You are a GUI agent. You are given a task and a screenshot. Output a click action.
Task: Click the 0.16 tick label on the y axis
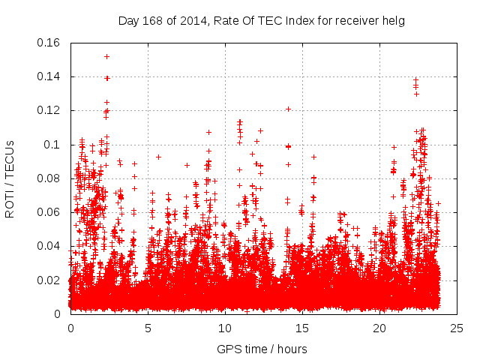(49, 43)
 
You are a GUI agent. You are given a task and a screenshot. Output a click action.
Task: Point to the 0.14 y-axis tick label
(49, 76)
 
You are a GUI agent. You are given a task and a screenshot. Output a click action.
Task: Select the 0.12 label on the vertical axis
(49, 110)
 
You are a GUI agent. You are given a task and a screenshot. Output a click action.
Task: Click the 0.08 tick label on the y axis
(49, 178)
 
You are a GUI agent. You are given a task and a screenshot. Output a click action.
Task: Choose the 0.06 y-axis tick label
(49, 212)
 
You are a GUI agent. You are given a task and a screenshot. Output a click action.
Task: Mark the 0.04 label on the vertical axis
(49, 246)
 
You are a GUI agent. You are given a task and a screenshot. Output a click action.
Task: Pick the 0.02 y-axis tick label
(49, 280)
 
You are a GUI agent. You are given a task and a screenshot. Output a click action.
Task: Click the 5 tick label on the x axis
(148, 328)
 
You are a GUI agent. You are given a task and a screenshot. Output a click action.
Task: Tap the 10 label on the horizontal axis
(225, 328)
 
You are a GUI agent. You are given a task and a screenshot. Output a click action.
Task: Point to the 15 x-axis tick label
(302, 328)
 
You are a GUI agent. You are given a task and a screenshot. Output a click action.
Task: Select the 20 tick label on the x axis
(379, 328)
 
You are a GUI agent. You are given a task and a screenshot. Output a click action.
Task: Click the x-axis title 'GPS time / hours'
(262, 349)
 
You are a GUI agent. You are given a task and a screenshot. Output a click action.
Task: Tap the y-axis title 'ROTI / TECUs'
(10, 178)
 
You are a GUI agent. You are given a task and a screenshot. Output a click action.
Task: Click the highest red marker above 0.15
(106, 56)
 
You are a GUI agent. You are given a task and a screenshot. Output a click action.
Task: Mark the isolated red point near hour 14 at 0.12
(288, 109)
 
